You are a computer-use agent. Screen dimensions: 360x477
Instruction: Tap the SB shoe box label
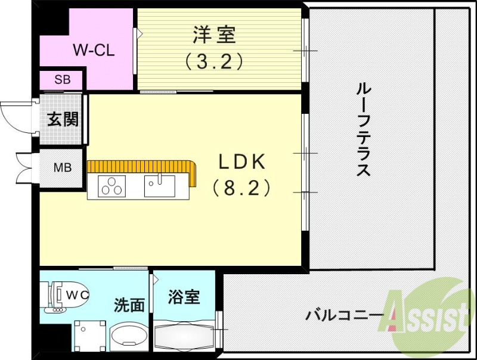click(x=62, y=79)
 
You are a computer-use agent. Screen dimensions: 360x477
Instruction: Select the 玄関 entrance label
click(x=63, y=119)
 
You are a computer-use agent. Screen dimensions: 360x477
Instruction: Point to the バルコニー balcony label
click(x=337, y=315)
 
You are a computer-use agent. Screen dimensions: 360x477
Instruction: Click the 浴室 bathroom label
click(x=184, y=296)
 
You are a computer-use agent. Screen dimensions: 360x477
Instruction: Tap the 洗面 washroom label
click(x=129, y=305)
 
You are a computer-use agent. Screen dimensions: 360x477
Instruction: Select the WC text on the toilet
click(x=76, y=294)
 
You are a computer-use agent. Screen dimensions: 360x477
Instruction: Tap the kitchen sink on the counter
click(x=159, y=186)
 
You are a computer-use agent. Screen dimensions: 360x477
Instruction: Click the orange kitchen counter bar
click(x=143, y=166)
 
